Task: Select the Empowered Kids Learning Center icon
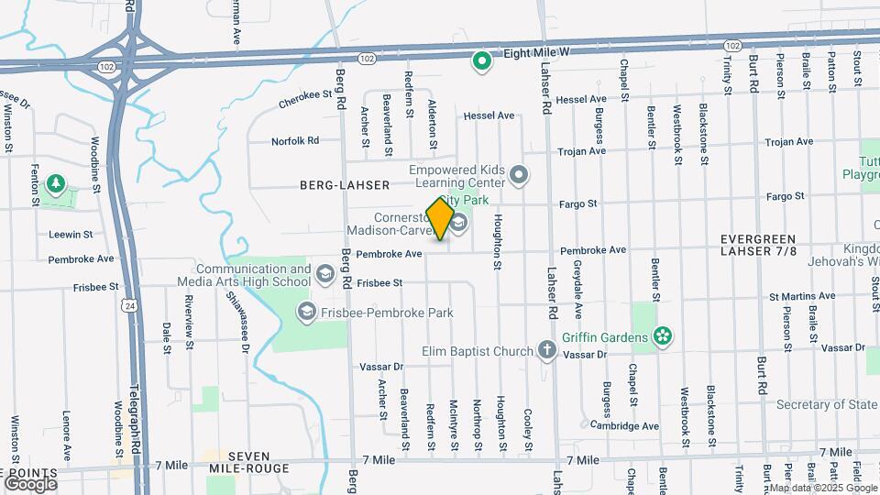coord(519,174)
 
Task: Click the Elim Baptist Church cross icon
coord(546,350)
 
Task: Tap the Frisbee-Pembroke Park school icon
coord(306,313)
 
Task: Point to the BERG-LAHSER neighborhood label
coord(340,184)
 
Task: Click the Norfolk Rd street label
coord(294,141)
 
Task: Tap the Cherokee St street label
coord(303,104)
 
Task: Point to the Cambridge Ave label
coord(624,425)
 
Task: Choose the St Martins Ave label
coord(801,296)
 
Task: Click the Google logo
coord(30,482)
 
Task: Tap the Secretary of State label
coord(825,404)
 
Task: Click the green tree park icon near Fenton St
coord(57,184)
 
